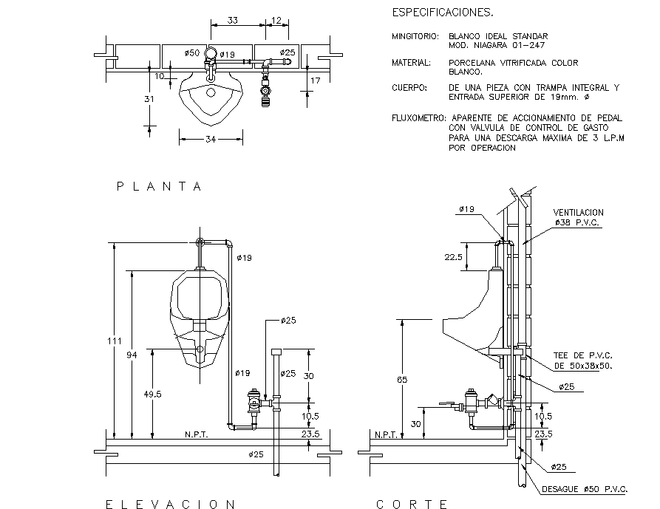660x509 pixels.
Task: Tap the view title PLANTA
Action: (x=160, y=187)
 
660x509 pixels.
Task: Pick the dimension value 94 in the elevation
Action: (x=132, y=355)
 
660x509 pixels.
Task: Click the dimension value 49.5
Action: (x=152, y=394)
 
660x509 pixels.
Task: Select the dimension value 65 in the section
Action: (x=401, y=380)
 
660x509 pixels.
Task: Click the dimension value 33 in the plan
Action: (x=232, y=21)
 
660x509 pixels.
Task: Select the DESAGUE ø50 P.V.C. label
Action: (x=585, y=489)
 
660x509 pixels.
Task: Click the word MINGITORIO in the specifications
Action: (x=415, y=36)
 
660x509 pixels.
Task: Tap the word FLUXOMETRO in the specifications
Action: (x=418, y=117)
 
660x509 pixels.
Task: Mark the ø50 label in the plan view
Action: (x=191, y=53)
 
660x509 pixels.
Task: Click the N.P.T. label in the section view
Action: (x=387, y=434)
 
